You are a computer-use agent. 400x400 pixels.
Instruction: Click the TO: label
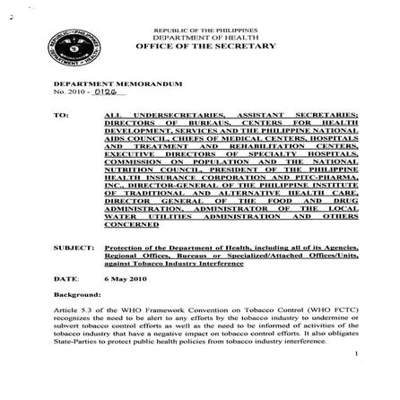[x=61, y=116]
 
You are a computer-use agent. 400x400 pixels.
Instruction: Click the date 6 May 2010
[x=120, y=279]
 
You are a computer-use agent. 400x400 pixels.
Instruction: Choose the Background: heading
[x=75, y=293]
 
